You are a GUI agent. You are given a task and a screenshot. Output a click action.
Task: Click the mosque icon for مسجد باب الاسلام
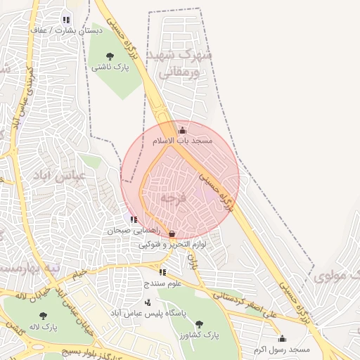[x=183, y=130]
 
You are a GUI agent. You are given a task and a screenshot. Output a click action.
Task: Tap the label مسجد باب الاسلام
[x=183, y=141]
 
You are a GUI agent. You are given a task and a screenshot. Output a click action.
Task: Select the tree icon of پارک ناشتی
[x=109, y=56]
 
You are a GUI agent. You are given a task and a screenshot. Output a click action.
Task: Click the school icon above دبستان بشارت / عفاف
[x=66, y=20]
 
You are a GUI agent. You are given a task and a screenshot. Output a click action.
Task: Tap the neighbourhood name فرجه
[x=173, y=199]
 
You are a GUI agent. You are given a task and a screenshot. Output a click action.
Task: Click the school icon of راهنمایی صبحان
[x=134, y=220]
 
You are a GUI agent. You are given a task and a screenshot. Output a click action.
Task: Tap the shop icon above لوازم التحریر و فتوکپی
[x=172, y=233]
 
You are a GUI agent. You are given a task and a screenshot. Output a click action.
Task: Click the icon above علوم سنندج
[x=162, y=272]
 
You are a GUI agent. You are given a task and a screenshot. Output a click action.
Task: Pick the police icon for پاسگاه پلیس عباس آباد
[x=147, y=302]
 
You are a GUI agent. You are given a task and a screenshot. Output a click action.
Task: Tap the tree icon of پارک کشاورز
[x=199, y=324]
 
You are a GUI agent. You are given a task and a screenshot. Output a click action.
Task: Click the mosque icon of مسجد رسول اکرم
[x=282, y=338]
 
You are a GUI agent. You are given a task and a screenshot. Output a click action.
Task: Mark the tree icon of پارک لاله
[x=44, y=316]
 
